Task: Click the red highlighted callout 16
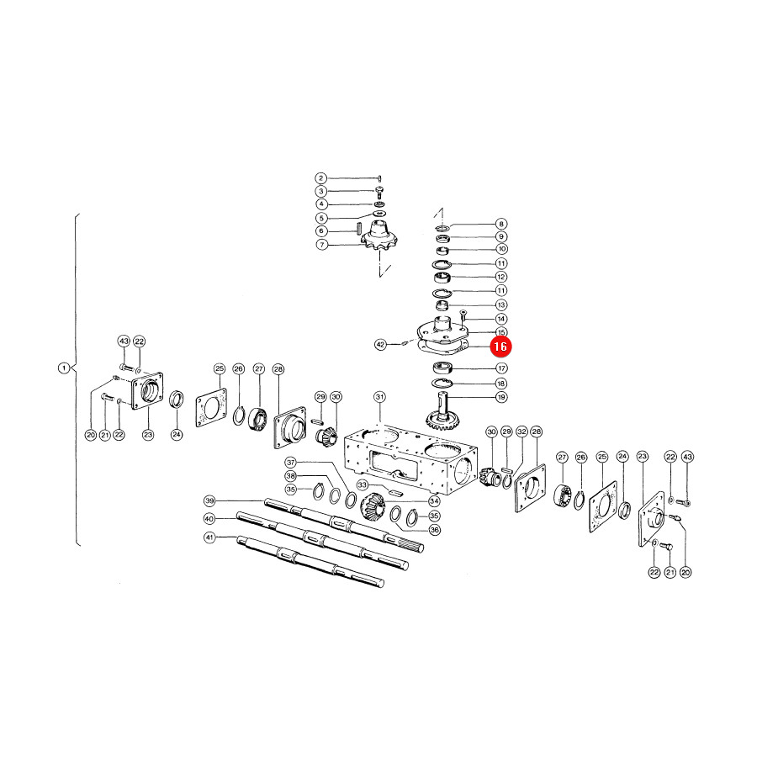point(500,347)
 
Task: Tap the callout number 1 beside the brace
point(64,368)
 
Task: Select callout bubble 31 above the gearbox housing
point(380,397)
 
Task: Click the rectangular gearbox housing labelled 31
point(410,459)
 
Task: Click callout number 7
point(322,245)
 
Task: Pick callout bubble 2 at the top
point(321,178)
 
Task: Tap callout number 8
point(501,224)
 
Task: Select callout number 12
point(501,277)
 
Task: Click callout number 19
point(501,397)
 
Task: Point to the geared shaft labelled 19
point(442,412)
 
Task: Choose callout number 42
point(380,345)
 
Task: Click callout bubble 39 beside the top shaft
point(209,500)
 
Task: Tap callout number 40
point(209,518)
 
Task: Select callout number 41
point(209,537)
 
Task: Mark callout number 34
point(434,501)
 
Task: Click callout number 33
point(362,484)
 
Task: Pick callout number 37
point(290,462)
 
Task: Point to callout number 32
point(521,431)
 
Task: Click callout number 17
point(501,368)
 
